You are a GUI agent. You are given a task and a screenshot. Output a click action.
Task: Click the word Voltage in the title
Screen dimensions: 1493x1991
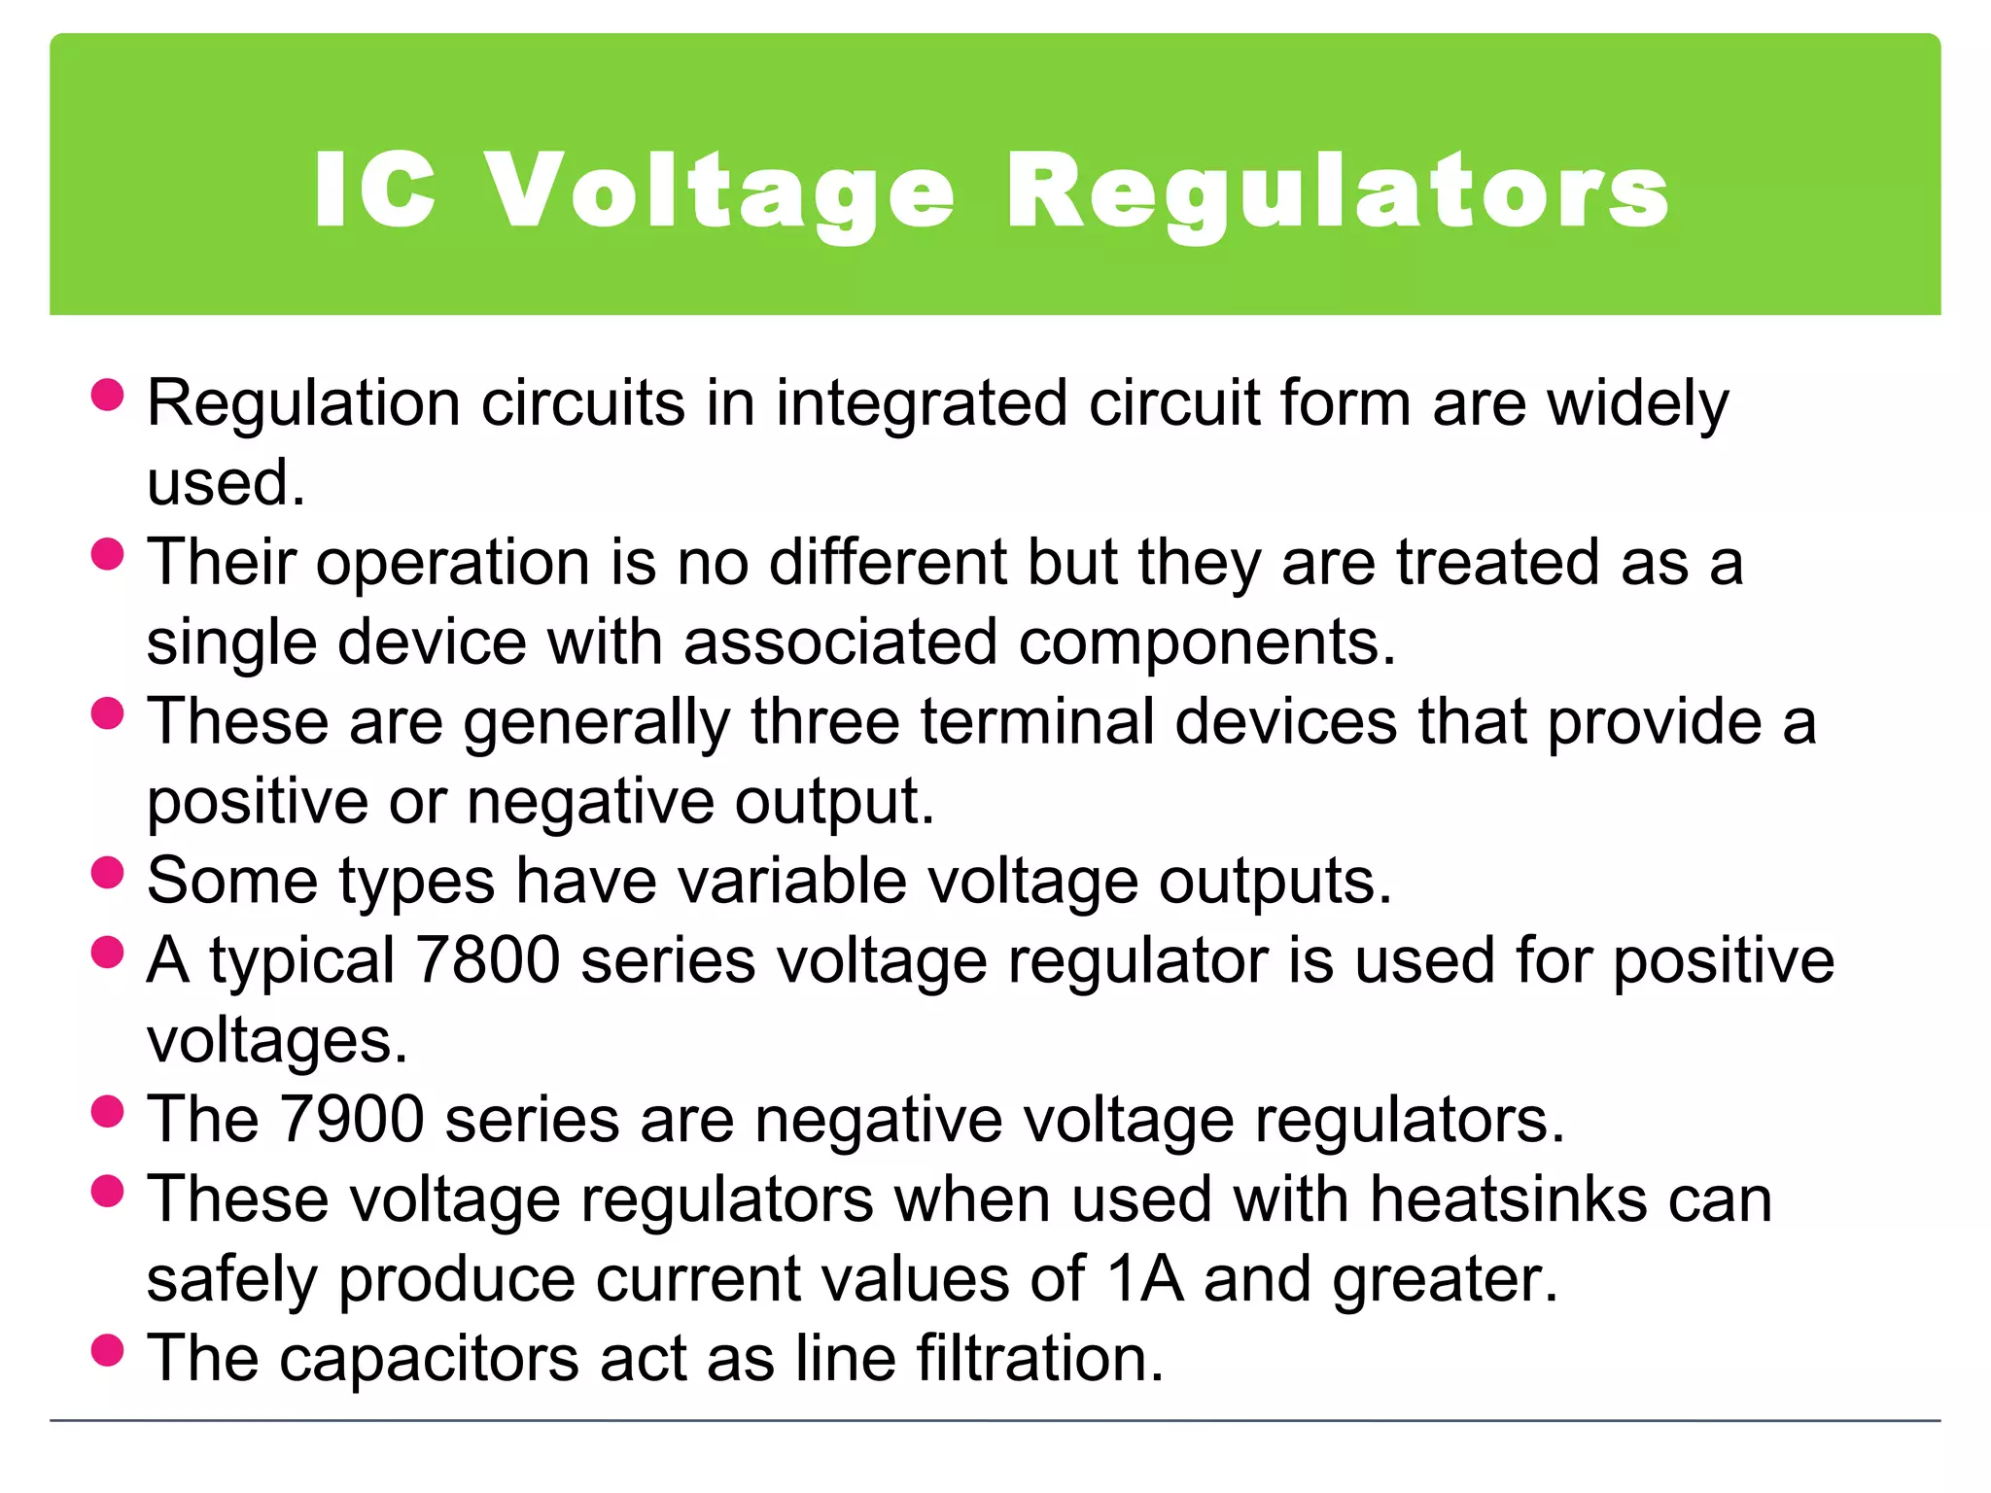click(x=719, y=191)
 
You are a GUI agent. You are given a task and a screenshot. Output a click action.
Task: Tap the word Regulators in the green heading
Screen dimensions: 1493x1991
click(x=1338, y=191)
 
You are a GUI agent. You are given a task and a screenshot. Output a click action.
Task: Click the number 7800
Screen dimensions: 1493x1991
click(x=487, y=960)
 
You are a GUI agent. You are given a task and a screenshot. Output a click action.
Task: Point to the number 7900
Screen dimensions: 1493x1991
click(x=351, y=1120)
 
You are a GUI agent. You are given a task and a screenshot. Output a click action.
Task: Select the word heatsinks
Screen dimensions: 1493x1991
click(x=1509, y=1198)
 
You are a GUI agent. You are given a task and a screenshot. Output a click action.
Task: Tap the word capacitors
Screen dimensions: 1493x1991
click(x=429, y=1358)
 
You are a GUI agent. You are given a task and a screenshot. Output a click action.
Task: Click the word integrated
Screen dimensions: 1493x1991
click(x=922, y=404)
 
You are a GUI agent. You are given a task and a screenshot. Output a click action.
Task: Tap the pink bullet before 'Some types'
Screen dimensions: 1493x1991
click(x=107, y=872)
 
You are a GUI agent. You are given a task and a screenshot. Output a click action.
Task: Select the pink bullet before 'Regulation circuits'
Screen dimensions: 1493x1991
click(x=107, y=395)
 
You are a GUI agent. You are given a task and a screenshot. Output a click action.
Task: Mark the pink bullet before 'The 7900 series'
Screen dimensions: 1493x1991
click(x=107, y=1111)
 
